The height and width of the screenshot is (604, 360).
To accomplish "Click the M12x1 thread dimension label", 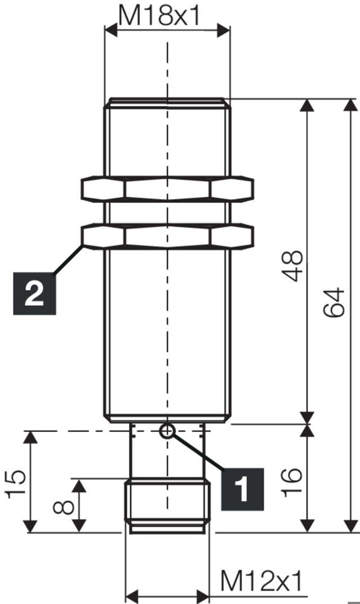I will tap(261, 580).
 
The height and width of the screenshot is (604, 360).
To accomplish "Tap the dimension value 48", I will tap(294, 266).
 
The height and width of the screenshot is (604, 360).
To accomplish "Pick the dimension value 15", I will tap(16, 484).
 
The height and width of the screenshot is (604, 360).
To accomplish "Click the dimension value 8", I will tap(64, 505).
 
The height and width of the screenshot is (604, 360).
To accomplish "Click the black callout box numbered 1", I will tap(241, 488).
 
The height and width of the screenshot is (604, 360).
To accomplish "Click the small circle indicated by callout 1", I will tap(167, 432).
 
